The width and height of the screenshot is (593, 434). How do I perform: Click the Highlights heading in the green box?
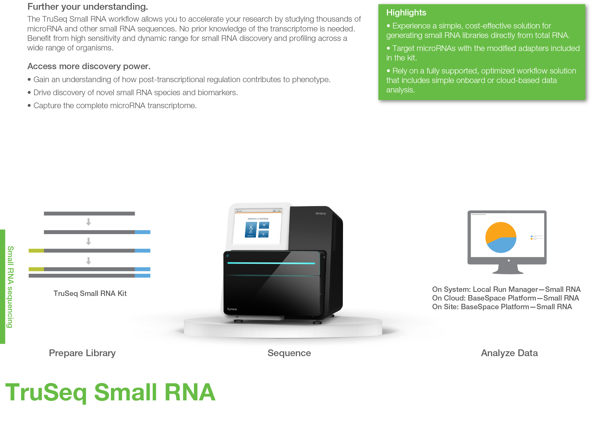coord(406,13)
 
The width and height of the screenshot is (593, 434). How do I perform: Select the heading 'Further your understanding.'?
coord(88,7)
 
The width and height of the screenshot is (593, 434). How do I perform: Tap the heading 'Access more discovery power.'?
coord(89,66)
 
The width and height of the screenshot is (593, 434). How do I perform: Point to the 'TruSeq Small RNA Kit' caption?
coord(90,293)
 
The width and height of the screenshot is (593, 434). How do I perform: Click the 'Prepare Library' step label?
coord(82,353)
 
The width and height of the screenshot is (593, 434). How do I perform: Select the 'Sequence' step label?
coord(289,353)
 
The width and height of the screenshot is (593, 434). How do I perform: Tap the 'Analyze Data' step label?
coord(509,353)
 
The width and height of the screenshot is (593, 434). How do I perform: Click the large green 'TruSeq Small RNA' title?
coord(110,392)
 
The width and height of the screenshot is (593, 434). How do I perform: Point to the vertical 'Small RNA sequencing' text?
coord(10,286)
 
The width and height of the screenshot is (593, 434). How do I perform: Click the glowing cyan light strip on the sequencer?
coord(271,263)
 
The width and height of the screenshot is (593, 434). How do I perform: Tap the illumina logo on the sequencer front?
coord(232,309)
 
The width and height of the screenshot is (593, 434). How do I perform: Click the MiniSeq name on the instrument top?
coord(320,213)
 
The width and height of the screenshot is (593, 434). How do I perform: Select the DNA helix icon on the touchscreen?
coord(251,229)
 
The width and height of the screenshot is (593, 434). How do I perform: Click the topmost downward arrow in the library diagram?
coord(88,222)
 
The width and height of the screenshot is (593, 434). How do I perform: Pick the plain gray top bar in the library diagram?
coord(89,213)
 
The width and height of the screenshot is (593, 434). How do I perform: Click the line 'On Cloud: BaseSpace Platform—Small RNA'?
coord(505,298)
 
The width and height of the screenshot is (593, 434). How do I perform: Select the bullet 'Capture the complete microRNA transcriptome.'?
coord(115,106)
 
